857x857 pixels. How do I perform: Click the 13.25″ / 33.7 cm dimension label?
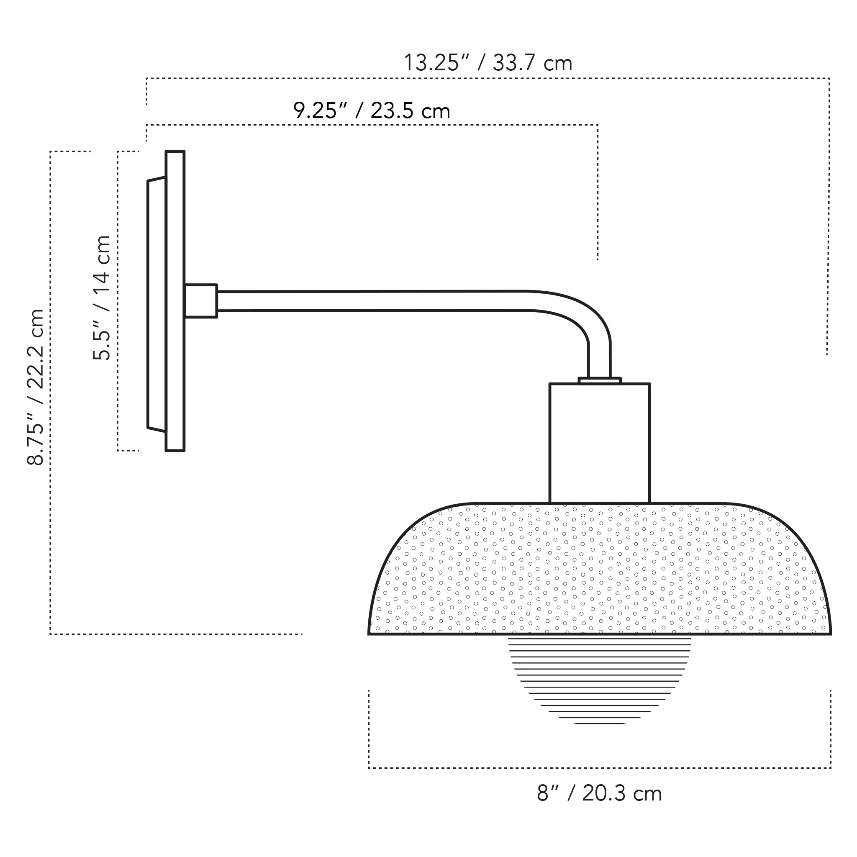point(488,63)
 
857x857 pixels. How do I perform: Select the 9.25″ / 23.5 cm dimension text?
point(372,110)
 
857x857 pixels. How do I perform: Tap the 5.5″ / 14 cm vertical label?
point(102,298)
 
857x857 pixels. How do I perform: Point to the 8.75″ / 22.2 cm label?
point(36,387)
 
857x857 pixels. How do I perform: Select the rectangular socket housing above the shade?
point(599,444)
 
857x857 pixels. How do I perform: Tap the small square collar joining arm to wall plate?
point(200,301)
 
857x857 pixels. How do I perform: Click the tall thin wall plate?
point(175,301)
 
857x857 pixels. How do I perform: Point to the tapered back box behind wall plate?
point(157,304)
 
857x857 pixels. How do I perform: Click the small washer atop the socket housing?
point(599,381)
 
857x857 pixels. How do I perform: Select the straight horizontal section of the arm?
point(368,301)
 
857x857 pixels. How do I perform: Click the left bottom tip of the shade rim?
point(369,634)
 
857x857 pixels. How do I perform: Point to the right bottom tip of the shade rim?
point(829,634)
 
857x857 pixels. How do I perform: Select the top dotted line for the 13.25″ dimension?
point(488,79)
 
